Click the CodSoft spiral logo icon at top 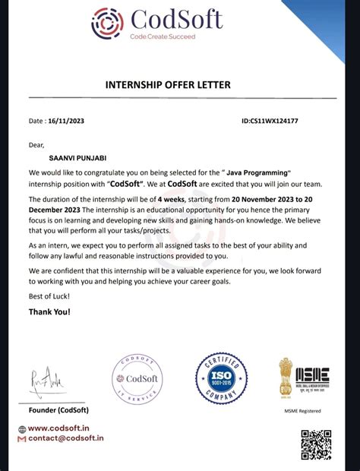coord(107,23)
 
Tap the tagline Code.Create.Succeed coord(162,36)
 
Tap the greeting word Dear coord(37,144)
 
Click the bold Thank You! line coord(49,311)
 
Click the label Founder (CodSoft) coord(58,410)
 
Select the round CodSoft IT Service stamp coord(137,379)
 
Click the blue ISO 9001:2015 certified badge coord(221,378)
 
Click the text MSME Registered coord(302,411)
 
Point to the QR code coord(316,444)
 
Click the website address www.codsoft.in coord(65,428)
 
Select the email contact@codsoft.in coord(65,438)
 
